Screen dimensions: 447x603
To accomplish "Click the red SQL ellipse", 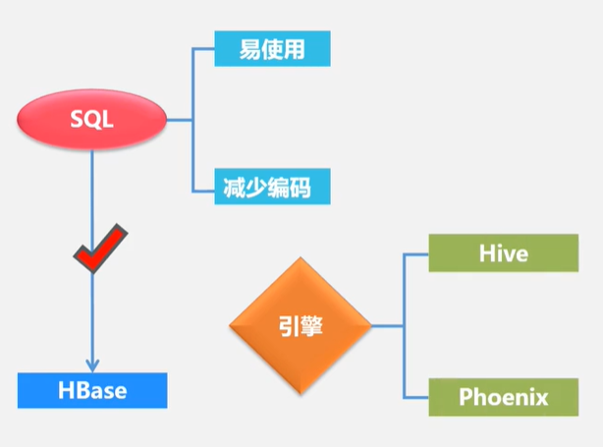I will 92,119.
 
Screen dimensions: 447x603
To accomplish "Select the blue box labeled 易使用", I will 272,48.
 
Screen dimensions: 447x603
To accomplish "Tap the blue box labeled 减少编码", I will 272,186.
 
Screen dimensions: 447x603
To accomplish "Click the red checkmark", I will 101,250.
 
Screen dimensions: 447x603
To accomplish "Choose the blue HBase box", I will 92,390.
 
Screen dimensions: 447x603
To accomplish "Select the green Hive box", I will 503,253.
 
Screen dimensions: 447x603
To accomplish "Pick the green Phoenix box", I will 503,397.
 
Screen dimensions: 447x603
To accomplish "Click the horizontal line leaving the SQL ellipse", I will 179,119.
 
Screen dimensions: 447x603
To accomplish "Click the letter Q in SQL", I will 92,119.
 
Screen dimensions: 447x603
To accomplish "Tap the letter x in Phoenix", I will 541,398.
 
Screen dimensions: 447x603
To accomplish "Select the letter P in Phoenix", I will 467,398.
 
